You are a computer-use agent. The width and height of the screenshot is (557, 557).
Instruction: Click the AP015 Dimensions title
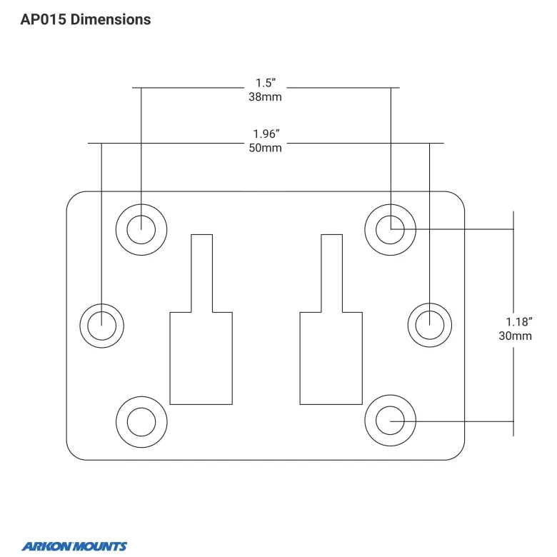[x=86, y=19]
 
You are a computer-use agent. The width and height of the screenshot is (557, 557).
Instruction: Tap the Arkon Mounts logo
[x=74, y=546]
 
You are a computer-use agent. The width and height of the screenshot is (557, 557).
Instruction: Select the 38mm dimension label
[x=265, y=96]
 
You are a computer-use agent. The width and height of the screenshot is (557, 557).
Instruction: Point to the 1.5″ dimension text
[x=266, y=83]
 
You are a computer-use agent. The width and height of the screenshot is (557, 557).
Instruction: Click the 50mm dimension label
[x=265, y=148]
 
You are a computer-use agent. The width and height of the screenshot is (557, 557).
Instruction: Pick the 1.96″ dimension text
[x=266, y=134]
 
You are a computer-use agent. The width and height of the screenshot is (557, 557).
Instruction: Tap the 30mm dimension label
[x=515, y=336]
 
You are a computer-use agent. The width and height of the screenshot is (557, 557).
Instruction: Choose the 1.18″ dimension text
[x=519, y=322]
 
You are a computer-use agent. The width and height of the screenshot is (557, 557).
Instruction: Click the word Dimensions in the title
[x=111, y=19]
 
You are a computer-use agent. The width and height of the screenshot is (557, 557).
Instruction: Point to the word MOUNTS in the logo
[x=101, y=546]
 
